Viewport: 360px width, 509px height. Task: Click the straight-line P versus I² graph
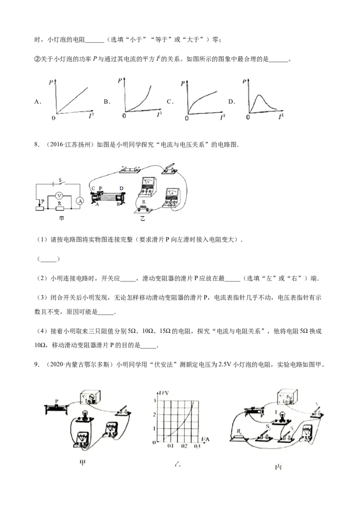74,97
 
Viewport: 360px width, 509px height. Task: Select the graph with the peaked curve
262,97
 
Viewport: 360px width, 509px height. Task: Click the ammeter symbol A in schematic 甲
80,201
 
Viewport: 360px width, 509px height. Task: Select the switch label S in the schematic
59,179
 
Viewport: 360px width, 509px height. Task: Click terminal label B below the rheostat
117,205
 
